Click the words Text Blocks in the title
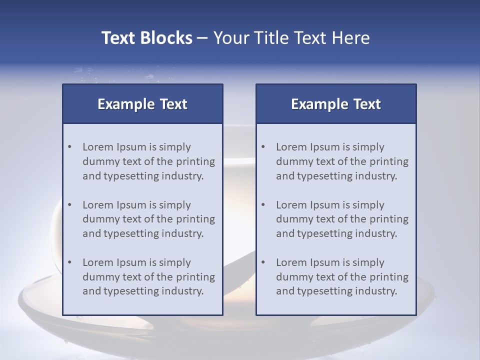pyautogui.click(x=147, y=38)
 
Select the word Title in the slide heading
pyautogui.click(x=269, y=38)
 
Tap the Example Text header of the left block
pyautogui.click(x=142, y=104)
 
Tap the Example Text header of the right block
pyautogui.click(x=336, y=104)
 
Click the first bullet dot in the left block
pyautogui.click(x=69, y=147)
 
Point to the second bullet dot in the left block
pyautogui.click(x=69, y=205)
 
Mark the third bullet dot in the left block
pyautogui.click(x=69, y=262)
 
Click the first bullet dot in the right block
pyautogui.click(x=263, y=147)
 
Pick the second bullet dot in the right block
pyautogui.click(x=263, y=205)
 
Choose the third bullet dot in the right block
pyautogui.click(x=263, y=262)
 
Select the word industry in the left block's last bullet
pyautogui.click(x=183, y=291)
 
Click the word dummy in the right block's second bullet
pyautogui.click(x=294, y=219)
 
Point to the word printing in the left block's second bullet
pyautogui.click(x=195, y=219)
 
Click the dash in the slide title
pyautogui.click(x=202, y=38)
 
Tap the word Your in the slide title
pyautogui.click(x=228, y=38)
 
